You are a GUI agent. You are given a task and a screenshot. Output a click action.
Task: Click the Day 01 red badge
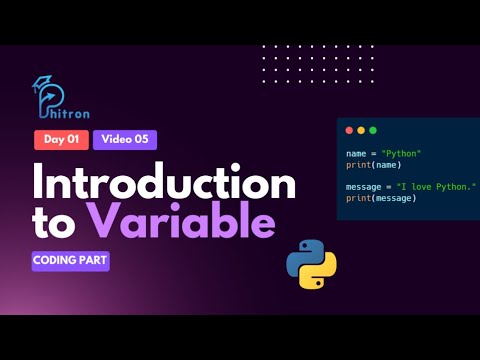(61, 140)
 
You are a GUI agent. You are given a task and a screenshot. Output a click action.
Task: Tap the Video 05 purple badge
(125, 140)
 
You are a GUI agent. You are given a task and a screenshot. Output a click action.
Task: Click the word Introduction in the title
(165, 184)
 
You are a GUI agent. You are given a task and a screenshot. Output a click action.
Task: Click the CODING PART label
(70, 260)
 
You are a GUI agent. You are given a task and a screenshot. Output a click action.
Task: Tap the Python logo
(311, 264)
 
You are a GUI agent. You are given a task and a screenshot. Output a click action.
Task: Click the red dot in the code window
(348, 131)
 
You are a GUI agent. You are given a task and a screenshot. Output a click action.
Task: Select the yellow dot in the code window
(361, 131)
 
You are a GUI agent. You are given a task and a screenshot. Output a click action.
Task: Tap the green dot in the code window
(373, 131)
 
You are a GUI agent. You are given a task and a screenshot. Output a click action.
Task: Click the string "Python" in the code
(401, 153)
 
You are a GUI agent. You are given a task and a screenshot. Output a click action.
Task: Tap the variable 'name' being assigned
(356, 153)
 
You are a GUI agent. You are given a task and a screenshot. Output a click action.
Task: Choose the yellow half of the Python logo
(321, 273)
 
